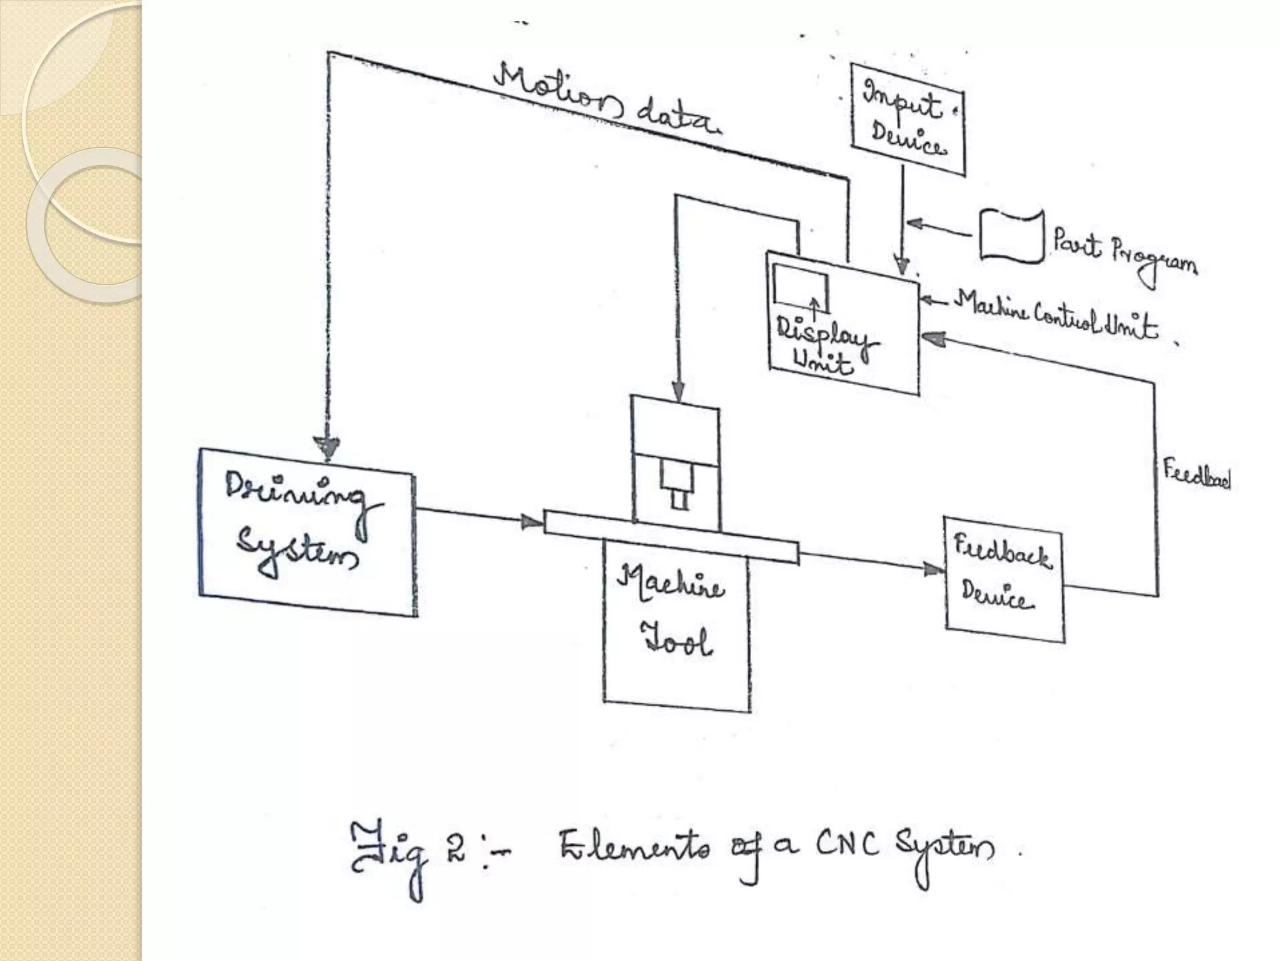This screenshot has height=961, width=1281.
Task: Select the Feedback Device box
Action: [1003, 579]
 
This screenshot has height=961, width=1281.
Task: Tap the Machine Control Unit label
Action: [1057, 316]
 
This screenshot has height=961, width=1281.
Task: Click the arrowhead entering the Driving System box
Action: [328, 447]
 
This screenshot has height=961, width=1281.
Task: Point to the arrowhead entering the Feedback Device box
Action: [934, 569]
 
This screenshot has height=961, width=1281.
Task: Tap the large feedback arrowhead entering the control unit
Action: [933, 338]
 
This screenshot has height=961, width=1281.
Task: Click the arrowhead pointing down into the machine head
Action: [677, 392]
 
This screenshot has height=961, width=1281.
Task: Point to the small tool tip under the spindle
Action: [679, 501]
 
